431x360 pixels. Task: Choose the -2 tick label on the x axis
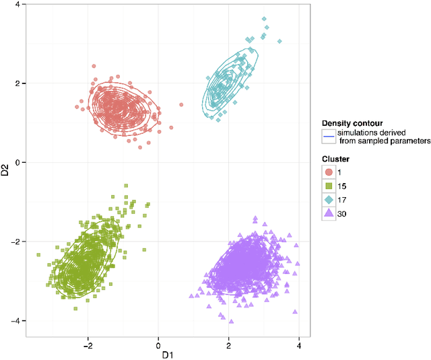pos(87,344)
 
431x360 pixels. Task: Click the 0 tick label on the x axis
pos(158,344)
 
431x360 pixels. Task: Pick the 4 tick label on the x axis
pos(299,344)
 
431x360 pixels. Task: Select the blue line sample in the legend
pos(329,137)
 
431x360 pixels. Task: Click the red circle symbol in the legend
pos(329,172)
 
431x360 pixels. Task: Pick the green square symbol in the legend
pos(329,186)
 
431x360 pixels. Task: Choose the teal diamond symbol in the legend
pos(329,200)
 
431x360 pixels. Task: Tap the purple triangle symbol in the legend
pos(329,213)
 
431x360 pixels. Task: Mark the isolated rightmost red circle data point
pos(180,105)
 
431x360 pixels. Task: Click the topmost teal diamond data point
pos(264,19)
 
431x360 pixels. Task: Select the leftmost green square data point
pos(38,255)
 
